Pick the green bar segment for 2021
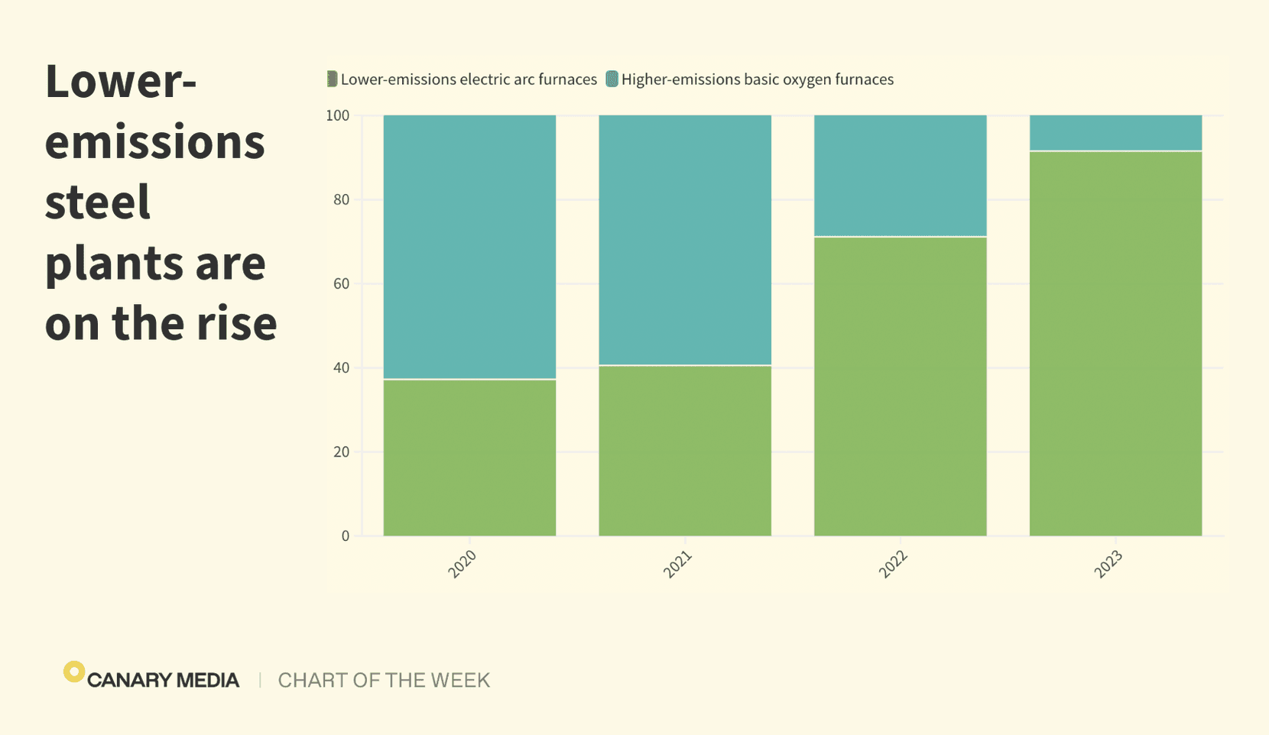point(685,450)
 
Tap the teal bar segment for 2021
point(685,240)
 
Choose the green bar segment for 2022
point(900,386)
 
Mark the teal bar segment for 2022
point(900,176)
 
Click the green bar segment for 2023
point(1115,343)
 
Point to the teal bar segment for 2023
point(1115,133)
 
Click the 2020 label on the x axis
point(462,564)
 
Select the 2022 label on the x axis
point(893,564)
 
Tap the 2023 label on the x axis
point(1108,564)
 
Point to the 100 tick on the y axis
point(337,115)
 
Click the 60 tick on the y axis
point(341,283)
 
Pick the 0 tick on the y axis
point(346,536)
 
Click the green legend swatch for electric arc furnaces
point(332,79)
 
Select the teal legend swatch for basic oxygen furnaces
point(612,79)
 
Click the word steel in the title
point(98,202)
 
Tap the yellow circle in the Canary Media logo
point(73,672)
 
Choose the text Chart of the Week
point(384,680)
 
